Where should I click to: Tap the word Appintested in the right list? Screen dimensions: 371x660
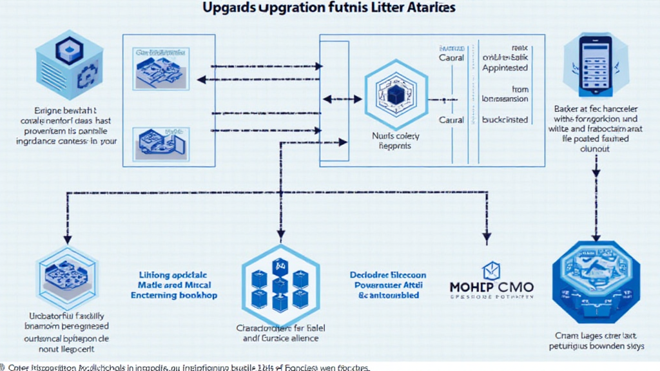(x=505, y=68)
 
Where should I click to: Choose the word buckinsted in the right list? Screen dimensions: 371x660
(x=505, y=120)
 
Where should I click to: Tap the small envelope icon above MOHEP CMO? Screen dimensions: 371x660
(x=492, y=269)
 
